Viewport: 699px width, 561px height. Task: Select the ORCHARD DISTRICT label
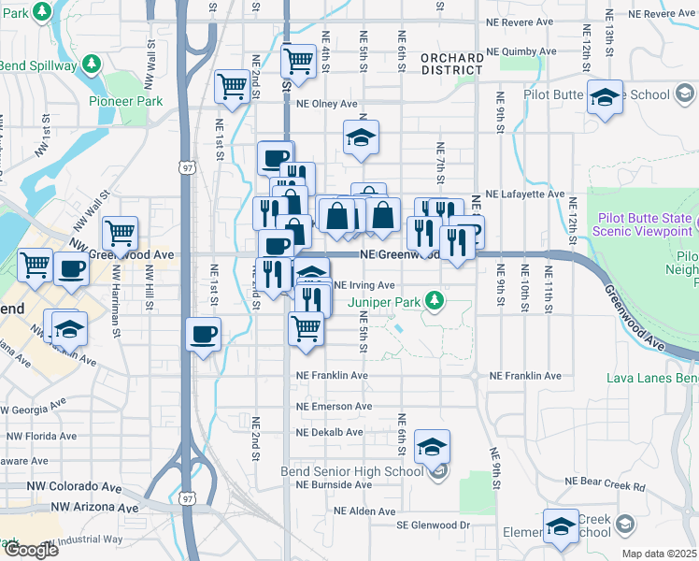[452, 64]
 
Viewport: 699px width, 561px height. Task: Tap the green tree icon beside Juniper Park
[434, 301]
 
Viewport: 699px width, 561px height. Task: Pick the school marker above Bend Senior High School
[433, 448]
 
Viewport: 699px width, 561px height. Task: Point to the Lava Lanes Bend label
[651, 378]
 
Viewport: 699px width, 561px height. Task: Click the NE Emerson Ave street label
[334, 407]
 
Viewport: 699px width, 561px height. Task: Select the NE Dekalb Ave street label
[329, 433]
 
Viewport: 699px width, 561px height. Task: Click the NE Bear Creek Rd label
[605, 486]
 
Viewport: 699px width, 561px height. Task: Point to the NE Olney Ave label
[328, 105]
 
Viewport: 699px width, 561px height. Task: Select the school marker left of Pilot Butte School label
[605, 96]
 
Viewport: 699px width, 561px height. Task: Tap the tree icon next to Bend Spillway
[92, 63]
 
